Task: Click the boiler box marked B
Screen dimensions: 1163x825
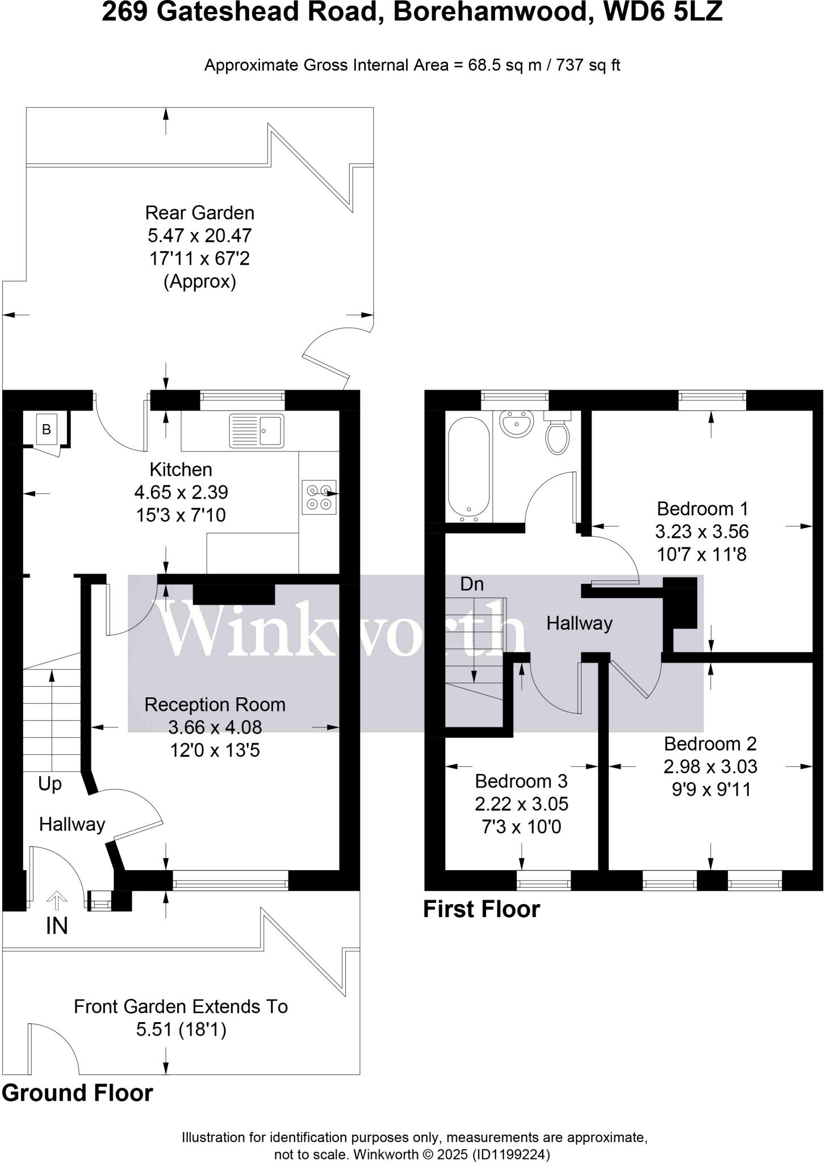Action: pos(47,429)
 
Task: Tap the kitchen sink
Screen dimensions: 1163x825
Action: pos(256,430)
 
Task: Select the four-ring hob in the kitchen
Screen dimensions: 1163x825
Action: pos(319,497)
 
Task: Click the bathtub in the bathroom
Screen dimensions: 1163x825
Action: pos(469,469)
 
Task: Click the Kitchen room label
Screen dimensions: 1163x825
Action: pos(181,470)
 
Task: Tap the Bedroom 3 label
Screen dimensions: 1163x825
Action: pos(521,781)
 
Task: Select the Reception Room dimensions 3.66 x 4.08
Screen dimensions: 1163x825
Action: pos(215,727)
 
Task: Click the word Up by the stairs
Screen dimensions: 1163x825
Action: pos(50,784)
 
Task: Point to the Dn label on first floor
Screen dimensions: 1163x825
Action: pos(472,584)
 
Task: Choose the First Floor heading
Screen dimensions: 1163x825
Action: pos(481,909)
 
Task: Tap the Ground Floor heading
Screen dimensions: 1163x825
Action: pos(77,1093)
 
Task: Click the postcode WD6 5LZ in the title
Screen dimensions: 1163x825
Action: pos(662,12)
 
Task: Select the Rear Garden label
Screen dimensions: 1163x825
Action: pos(200,213)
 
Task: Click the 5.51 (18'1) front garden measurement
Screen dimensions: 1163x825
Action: pos(181,1029)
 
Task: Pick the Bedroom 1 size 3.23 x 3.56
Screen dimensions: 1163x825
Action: pos(702,532)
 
